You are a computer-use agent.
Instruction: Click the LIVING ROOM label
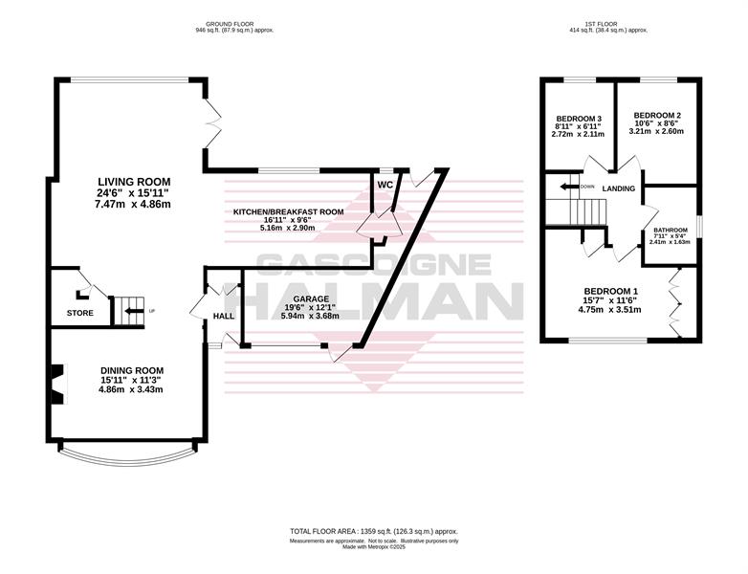pyautogui.click(x=134, y=182)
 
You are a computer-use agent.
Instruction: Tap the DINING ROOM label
pyautogui.click(x=132, y=370)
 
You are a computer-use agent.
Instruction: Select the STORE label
pyautogui.click(x=80, y=313)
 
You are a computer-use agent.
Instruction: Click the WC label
pyautogui.click(x=385, y=185)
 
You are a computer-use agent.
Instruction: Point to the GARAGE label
pyautogui.click(x=311, y=298)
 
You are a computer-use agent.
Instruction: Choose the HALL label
pyautogui.click(x=223, y=316)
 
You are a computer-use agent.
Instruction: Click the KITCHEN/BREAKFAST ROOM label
pyautogui.click(x=288, y=211)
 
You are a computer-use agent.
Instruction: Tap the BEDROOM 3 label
pyautogui.click(x=579, y=119)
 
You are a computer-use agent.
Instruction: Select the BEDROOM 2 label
pyautogui.click(x=657, y=116)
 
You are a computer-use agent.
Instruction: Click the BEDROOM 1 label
pyautogui.click(x=611, y=291)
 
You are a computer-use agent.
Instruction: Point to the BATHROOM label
pyautogui.click(x=671, y=230)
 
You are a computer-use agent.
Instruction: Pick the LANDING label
pyautogui.click(x=619, y=188)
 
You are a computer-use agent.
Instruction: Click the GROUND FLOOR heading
pyautogui.click(x=230, y=24)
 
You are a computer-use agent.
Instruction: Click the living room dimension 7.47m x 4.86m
pyautogui.click(x=134, y=204)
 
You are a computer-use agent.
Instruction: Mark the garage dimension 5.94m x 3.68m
pyautogui.click(x=311, y=316)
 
